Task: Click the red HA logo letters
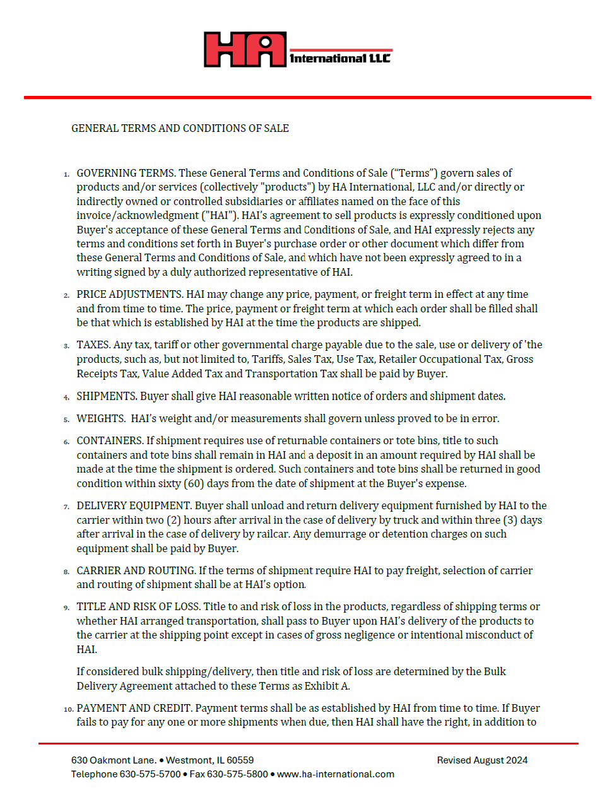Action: (245, 50)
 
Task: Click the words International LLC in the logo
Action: (339, 59)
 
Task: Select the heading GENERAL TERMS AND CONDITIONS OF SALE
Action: (180, 128)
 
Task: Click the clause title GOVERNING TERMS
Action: (126, 173)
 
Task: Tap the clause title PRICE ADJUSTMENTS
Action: (129, 294)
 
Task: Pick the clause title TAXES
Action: (93, 344)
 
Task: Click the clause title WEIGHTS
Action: (101, 418)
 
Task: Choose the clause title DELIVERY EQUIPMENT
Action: (134, 505)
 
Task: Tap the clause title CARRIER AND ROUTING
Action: (136, 570)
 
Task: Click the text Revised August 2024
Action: (482, 760)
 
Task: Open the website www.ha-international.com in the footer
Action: (336, 774)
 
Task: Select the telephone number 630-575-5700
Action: (150, 774)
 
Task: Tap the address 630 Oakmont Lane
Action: (114, 760)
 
